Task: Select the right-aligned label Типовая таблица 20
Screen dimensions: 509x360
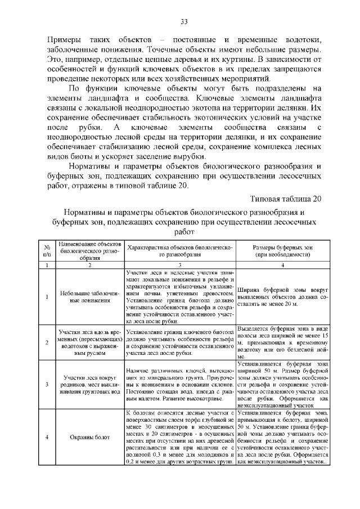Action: tap(286, 199)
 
